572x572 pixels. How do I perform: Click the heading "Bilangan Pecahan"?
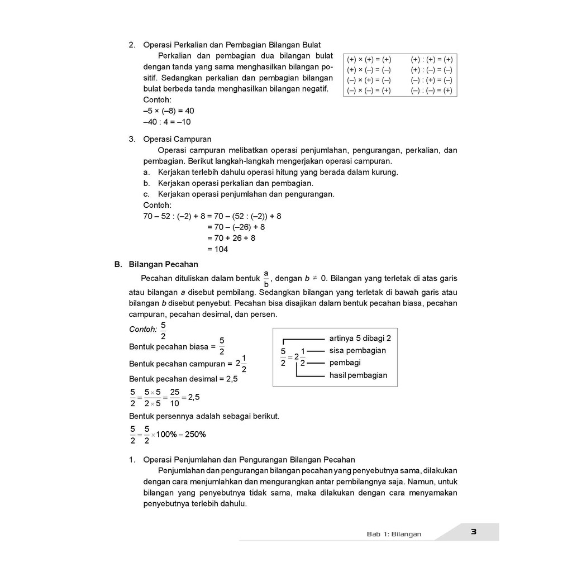coord(163,264)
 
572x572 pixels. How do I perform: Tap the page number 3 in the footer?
coord(473,532)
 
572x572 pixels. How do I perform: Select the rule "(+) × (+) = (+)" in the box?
coord(369,60)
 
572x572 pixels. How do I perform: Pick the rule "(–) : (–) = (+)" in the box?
coord(431,90)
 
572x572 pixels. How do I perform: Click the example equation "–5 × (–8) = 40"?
coord(169,111)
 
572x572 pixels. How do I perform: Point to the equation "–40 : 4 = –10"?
coord(167,122)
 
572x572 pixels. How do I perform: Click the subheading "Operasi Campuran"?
coord(177,139)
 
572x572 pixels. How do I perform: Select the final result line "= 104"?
coord(217,249)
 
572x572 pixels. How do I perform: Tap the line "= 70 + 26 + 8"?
coord(231,238)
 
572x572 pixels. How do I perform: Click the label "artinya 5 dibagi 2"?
coord(360,339)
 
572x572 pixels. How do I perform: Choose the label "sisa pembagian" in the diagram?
coord(357,351)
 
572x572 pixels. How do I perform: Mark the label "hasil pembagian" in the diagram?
coord(358,375)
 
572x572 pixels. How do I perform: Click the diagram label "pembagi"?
coord(345,363)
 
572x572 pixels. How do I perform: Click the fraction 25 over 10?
coord(175,398)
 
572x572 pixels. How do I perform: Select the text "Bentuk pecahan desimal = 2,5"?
coord(183,379)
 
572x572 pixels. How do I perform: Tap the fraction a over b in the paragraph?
coord(266,278)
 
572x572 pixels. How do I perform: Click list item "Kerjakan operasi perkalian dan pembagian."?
coord(235,183)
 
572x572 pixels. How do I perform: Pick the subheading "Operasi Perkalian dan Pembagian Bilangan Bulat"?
coord(232,45)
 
